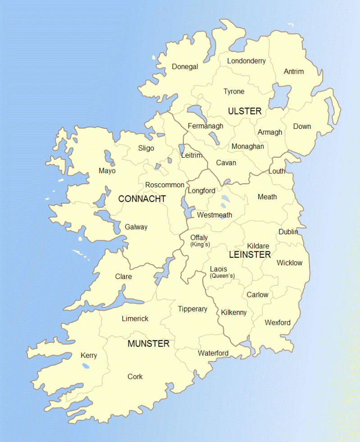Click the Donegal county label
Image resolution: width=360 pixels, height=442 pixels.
(185, 67)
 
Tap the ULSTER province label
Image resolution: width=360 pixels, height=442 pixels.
(245, 111)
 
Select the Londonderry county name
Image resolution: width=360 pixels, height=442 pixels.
(246, 61)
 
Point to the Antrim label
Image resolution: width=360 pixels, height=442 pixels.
(294, 71)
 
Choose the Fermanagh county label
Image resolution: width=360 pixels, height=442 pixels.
(205, 126)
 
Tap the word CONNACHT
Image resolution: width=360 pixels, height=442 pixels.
(142, 199)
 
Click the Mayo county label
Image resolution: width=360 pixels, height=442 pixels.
(107, 171)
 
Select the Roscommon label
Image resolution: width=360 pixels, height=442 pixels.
(164, 185)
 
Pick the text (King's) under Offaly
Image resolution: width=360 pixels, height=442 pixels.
(200, 245)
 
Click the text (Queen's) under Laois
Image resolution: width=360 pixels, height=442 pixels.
(222, 276)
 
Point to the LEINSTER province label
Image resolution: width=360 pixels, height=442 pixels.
(250, 255)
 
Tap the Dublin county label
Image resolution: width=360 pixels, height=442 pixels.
(288, 232)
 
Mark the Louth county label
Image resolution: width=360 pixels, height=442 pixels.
(277, 171)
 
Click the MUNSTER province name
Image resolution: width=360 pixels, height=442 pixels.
(148, 344)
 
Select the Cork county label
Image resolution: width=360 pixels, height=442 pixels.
(135, 377)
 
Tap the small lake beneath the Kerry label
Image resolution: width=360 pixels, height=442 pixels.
(86, 366)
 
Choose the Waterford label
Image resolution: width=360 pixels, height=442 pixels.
(213, 353)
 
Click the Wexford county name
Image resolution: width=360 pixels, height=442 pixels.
(278, 323)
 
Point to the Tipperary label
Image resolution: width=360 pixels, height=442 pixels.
(192, 309)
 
